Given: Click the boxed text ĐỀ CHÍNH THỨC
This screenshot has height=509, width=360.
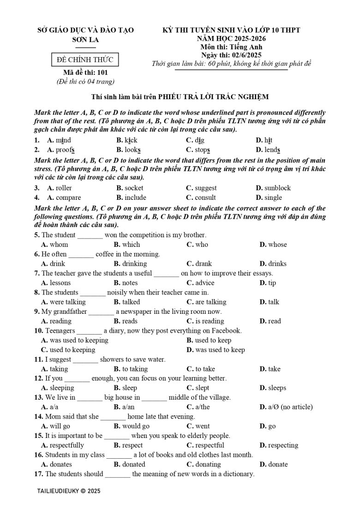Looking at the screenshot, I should point(85,60).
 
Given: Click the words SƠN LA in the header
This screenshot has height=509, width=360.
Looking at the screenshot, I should point(85,40).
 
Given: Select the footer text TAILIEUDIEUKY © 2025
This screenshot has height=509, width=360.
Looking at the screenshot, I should point(68,491).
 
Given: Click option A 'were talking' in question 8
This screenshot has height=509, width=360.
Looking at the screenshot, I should point(63,302).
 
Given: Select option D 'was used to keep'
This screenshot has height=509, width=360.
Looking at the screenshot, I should point(216,350).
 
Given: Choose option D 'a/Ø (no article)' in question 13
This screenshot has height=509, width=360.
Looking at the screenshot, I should point(286,407).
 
